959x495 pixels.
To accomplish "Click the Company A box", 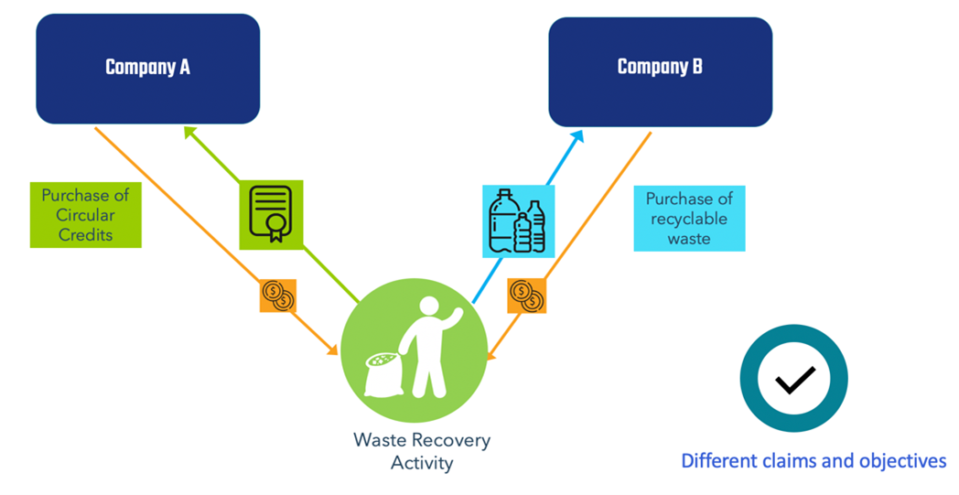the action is tap(148, 69).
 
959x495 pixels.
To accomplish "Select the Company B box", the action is tap(660, 71).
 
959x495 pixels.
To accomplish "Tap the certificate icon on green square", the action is tap(271, 215).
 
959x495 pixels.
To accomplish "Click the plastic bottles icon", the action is tap(518, 221).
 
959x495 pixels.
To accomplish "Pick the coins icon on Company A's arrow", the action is tap(278, 296).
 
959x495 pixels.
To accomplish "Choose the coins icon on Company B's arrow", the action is tap(526, 296).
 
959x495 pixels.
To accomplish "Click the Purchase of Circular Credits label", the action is tap(86, 215).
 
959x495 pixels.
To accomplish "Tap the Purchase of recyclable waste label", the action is tap(689, 219).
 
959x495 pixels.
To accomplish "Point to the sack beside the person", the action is tap(384, 374).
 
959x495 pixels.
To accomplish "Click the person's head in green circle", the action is tap(429, 307).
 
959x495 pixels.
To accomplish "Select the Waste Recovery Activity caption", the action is tap(422, 451).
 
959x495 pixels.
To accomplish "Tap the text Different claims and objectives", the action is tap(814, 460).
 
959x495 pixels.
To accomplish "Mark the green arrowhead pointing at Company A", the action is tap(190, 133).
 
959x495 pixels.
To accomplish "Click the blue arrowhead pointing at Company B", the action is tap(576, 136).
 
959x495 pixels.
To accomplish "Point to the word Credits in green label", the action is tap(86, 234).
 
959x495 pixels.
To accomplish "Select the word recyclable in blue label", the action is tap(689, 219).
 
